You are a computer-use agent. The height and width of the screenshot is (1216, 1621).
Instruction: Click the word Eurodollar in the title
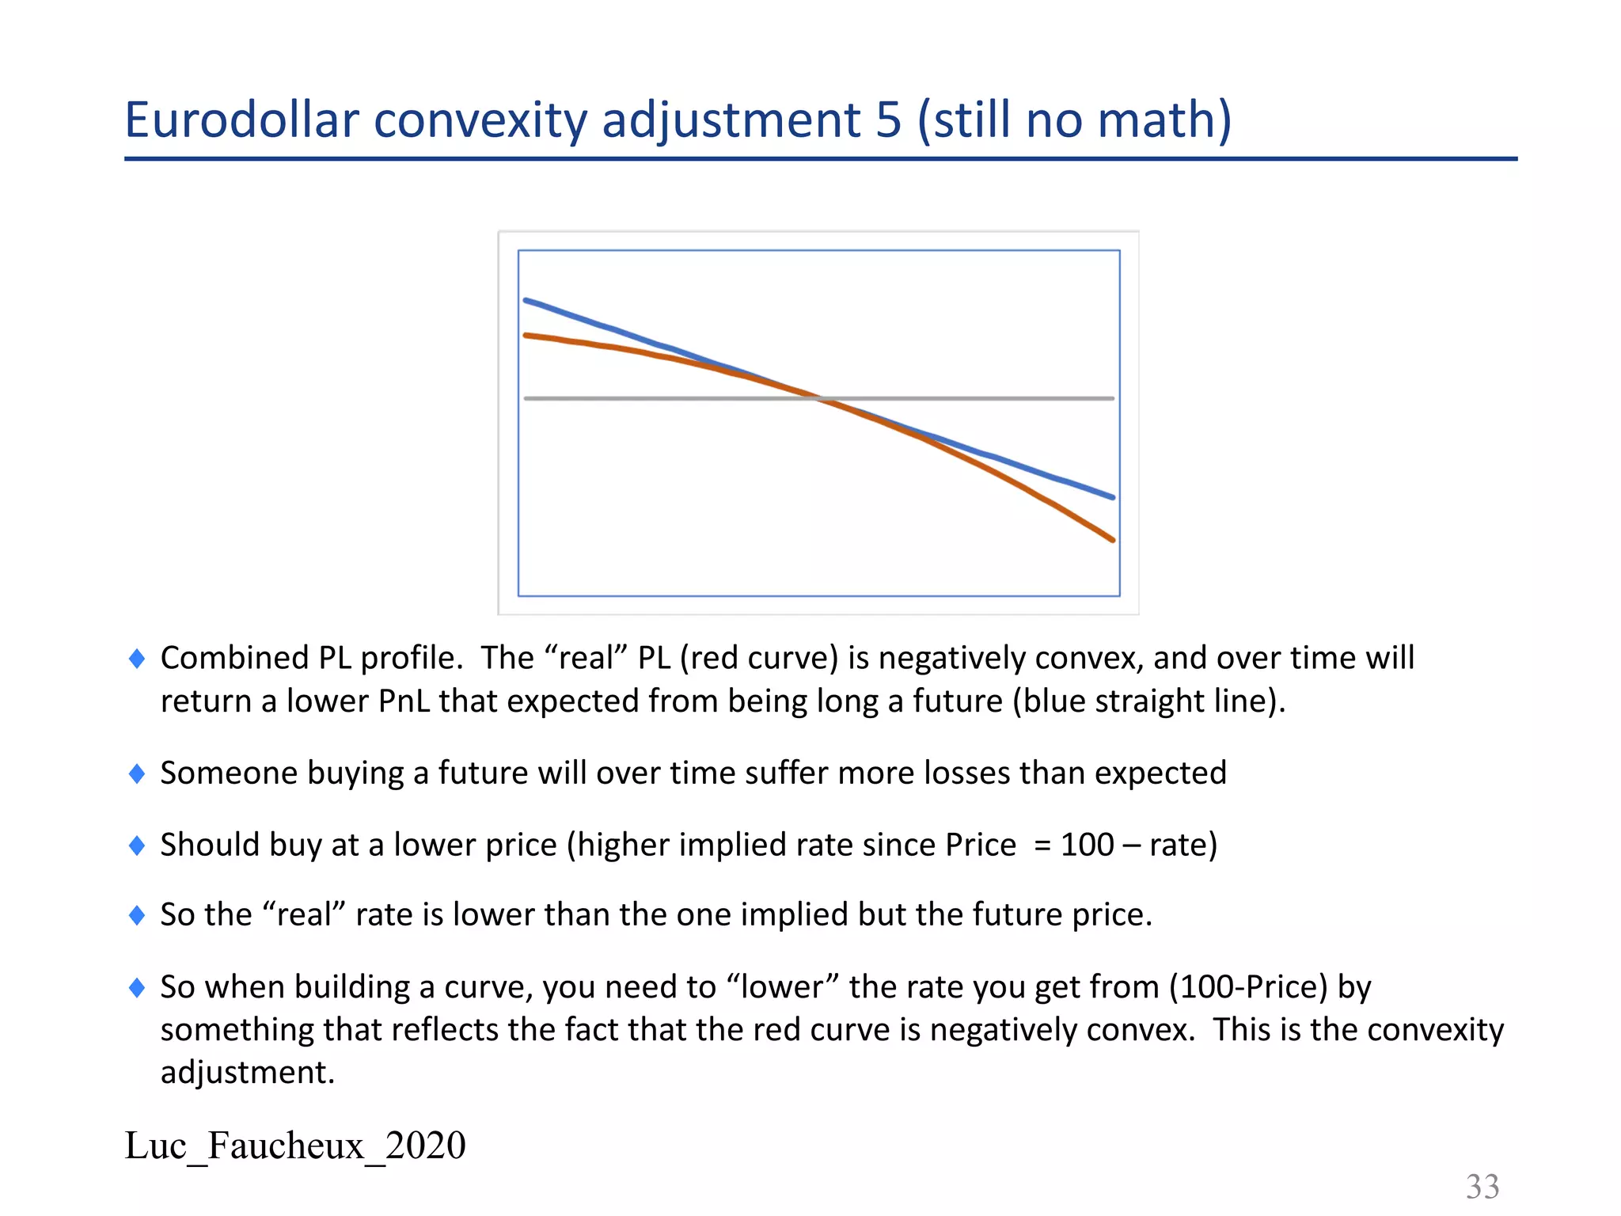(x=242, y=120)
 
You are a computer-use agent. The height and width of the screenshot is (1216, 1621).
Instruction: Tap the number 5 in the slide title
(x=889, y=120)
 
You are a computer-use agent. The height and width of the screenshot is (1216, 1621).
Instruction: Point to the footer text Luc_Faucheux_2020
(x=295, y=1146)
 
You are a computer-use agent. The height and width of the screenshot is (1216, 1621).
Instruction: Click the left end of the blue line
(x=526, y=301)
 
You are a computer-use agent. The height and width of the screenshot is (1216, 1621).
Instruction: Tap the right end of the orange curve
(x=1113, y=540)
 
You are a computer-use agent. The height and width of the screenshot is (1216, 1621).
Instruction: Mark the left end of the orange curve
(x=526, y=336)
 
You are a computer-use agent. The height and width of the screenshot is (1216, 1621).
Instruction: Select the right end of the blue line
(x=1113, y=497)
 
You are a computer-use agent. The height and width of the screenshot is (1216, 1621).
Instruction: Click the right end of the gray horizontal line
(x=1112, y=398)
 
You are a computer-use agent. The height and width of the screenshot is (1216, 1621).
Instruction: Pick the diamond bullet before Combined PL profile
(x=137, y=659)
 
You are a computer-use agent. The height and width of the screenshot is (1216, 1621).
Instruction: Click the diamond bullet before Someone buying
(x=137, y=773)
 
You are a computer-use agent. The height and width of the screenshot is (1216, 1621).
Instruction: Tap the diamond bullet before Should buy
(x=137, y=845)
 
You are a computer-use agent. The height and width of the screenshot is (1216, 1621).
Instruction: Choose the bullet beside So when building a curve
(x=137, y=987)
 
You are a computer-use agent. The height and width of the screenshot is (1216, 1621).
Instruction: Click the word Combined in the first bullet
(x=234, y=659)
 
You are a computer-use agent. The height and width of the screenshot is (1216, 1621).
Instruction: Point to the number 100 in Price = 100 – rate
(x=1087, y=845)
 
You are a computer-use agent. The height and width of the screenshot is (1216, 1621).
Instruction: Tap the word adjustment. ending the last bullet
(x=248, y=1073)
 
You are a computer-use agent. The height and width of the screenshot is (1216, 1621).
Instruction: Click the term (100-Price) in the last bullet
(x=1248, y=987)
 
